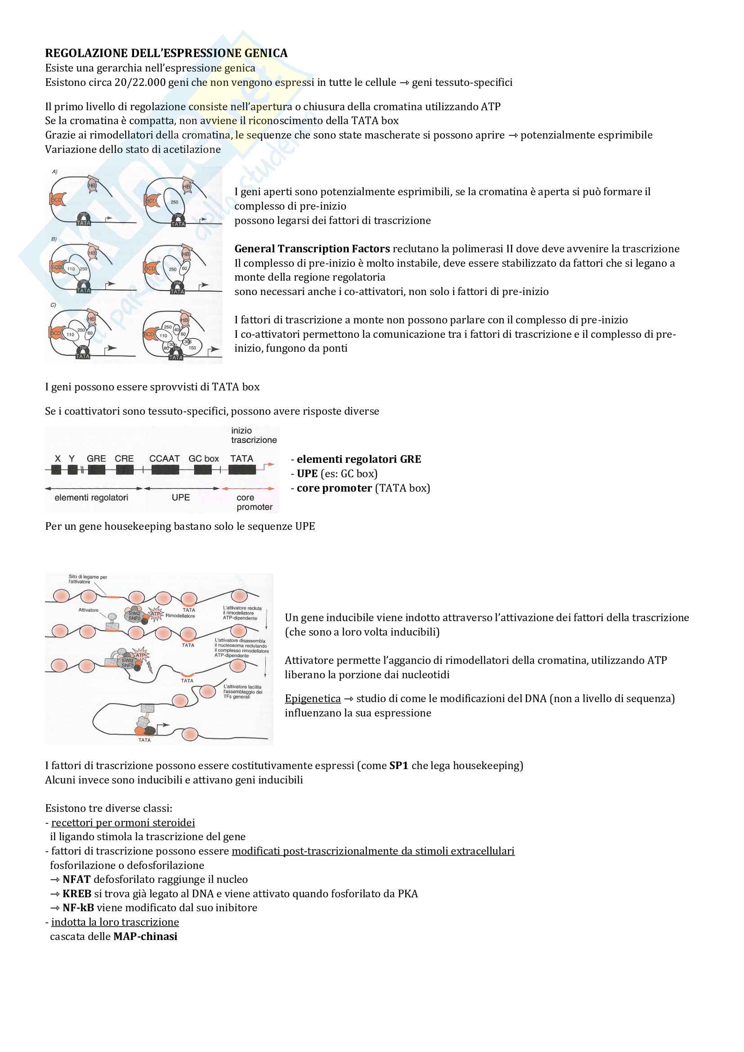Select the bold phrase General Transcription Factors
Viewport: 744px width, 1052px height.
(x=312, y=249)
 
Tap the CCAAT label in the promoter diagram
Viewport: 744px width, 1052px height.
(x=164, y=459)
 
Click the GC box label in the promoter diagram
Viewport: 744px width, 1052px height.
(x=203, y=459)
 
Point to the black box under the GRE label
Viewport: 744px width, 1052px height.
(x=96, y=470)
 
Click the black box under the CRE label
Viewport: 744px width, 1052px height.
(x=125, y=470)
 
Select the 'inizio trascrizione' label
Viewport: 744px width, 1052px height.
(x=254, y=435)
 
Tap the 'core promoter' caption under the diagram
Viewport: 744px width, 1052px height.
(x=254, y=502)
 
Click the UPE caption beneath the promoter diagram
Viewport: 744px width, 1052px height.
(x=180, y=497)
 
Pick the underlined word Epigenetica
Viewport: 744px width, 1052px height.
(x=313, y=698)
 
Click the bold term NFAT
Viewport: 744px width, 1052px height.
(x=76, y=879)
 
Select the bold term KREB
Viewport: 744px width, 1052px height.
(x=77, y=894)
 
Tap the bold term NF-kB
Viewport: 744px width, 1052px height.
(x=78, y=908)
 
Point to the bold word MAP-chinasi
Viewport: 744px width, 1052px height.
(x=145, y=936)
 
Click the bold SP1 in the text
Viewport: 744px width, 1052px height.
(x=399, y=765)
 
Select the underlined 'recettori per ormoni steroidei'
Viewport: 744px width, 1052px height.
(x=123, y=823)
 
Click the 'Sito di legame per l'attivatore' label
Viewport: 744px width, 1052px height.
(x=88, y=579)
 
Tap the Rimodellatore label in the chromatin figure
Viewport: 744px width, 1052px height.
(x=180, y=616)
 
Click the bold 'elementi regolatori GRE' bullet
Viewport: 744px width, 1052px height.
(x=359, y=459)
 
